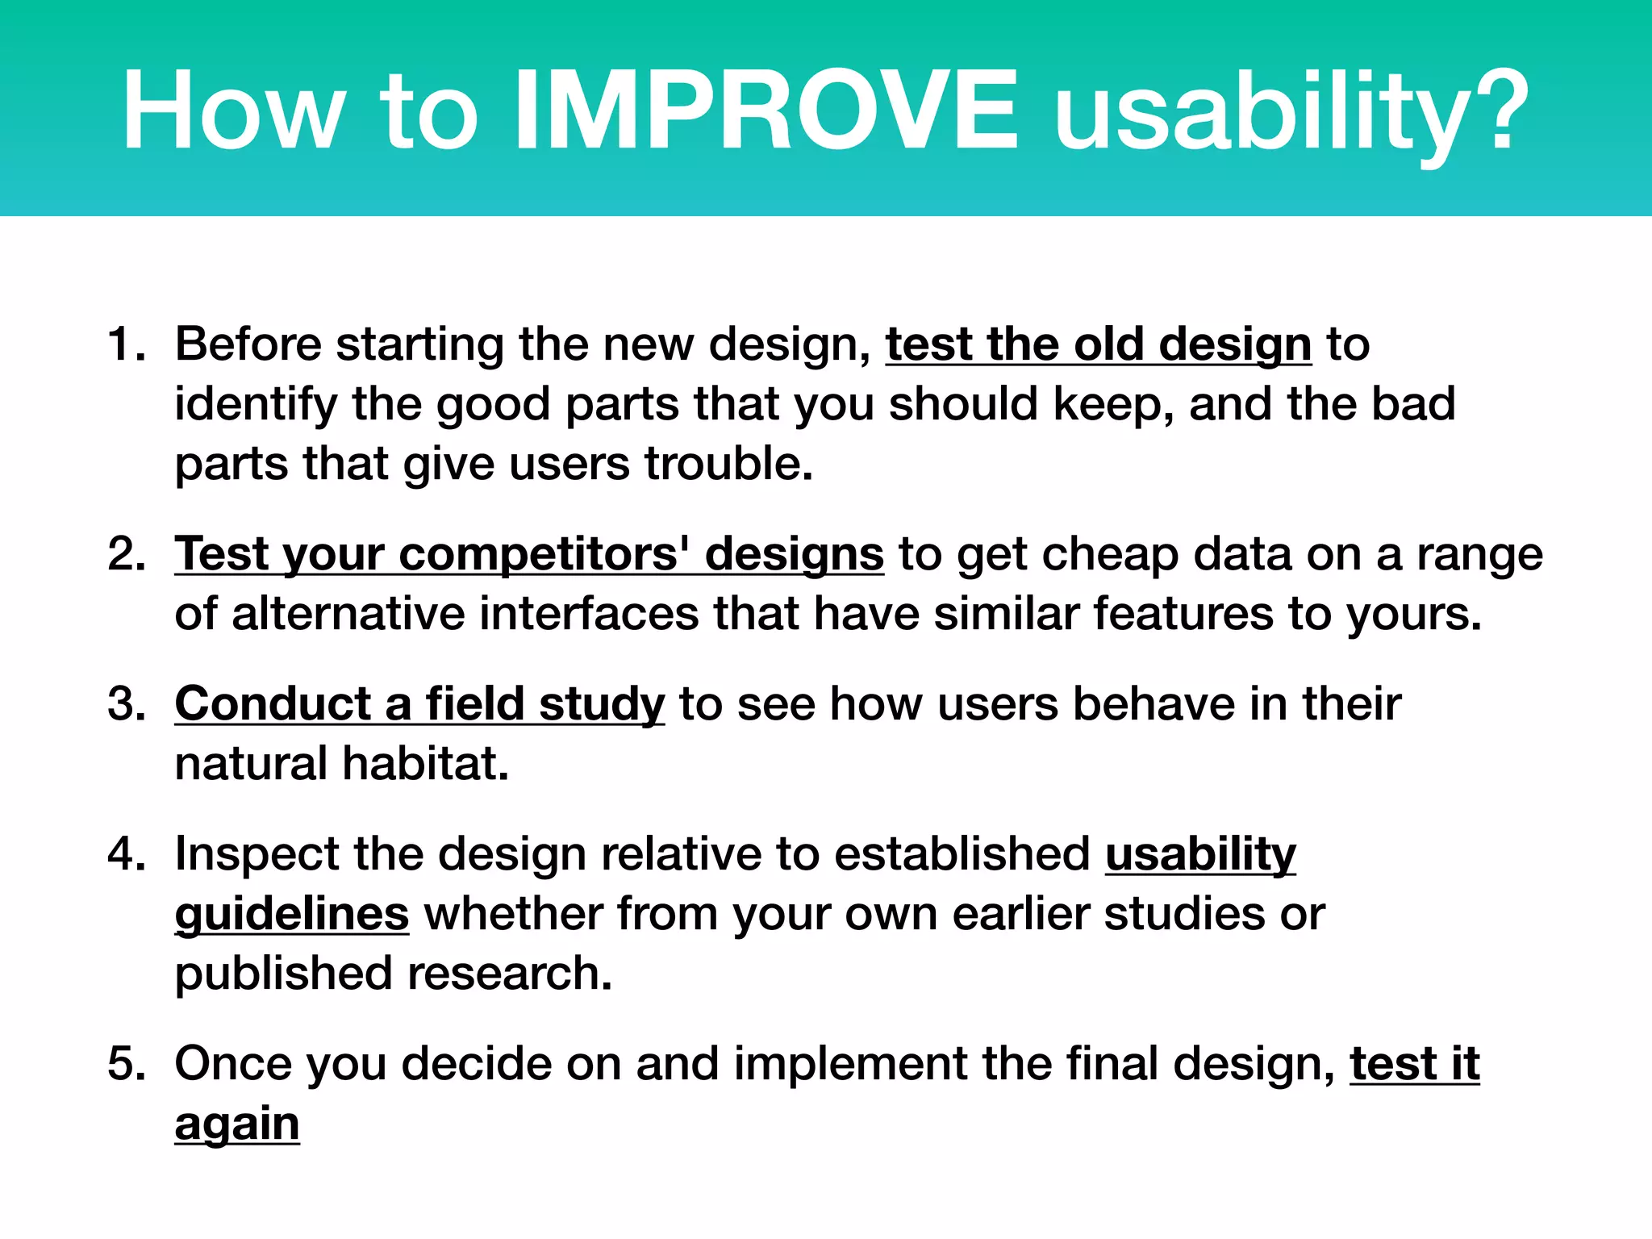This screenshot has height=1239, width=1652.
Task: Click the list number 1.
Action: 125,344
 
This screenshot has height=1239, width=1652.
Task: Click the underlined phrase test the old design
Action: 1098,344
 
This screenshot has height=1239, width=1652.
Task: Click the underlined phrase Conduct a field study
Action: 419,704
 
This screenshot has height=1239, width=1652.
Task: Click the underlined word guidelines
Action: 292,914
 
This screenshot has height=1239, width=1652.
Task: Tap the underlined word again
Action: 237,1124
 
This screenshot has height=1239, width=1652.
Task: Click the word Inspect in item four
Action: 257,854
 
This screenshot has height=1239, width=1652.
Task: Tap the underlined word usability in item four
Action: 1200,854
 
